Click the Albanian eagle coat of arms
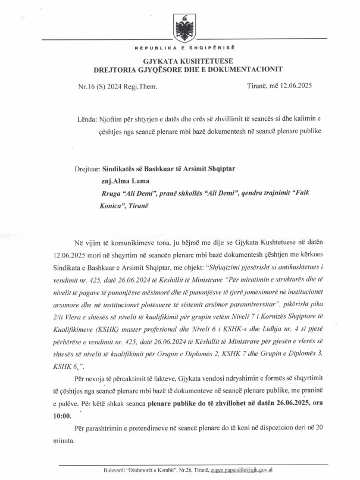pyautogui.click(x=180, y=26)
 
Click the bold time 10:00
pyautogui.click(x=83, y=416)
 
